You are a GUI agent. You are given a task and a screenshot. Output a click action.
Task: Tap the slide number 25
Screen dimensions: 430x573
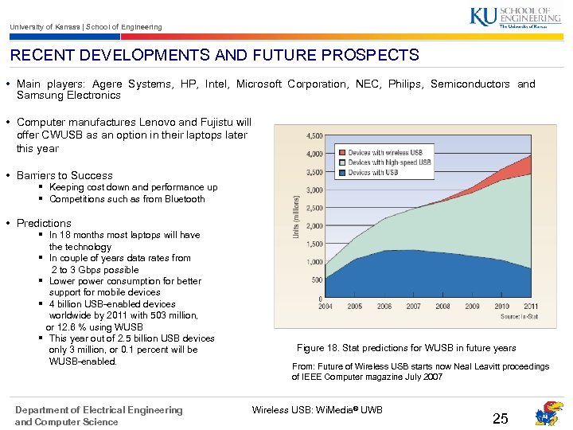[500, 419]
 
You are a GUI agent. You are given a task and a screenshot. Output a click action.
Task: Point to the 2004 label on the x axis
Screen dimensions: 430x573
[325, 306]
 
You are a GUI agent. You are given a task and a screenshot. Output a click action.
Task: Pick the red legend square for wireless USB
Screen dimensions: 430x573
[341, 152]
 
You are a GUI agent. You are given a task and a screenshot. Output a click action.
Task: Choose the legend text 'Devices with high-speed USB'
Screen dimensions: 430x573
[389, 162]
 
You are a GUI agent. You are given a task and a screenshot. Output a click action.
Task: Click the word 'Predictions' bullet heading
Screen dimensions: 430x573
[44, 223]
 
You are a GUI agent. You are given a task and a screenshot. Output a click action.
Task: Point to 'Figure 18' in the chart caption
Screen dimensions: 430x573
[317, 348]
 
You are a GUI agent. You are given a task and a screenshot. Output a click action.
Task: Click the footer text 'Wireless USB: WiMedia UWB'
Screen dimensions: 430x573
[318, 410]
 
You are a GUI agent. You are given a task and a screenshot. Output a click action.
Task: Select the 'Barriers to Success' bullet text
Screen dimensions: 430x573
[64, 175]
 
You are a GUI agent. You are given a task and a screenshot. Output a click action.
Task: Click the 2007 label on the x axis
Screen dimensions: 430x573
[413, 306]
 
